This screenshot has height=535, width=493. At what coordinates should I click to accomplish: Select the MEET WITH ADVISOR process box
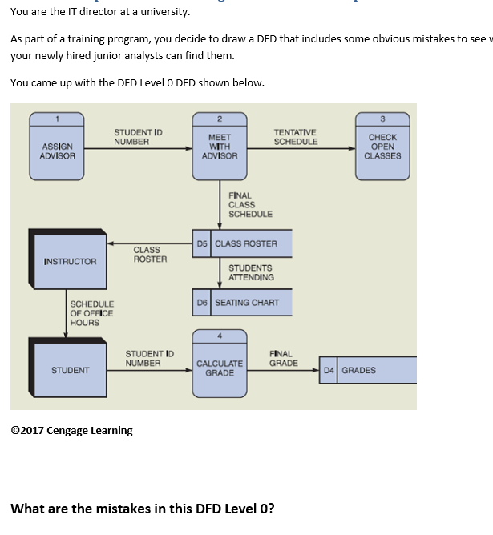tap(220, 147)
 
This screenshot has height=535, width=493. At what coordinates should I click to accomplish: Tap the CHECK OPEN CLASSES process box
tap(382, 147)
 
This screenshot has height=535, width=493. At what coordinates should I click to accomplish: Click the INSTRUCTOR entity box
tap(70, 261)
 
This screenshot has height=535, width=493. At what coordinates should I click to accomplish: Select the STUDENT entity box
tap(70, 370)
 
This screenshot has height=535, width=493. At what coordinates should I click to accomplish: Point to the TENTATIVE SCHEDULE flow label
tap(295, 137)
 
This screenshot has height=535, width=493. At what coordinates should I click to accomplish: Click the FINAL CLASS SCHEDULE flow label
tap(250, 205)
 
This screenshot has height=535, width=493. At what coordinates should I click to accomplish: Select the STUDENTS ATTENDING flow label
tap(251, 272)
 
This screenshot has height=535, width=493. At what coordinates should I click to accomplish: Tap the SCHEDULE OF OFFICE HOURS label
tap(91, 313)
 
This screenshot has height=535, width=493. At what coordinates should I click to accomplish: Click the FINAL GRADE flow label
tap(284, 358)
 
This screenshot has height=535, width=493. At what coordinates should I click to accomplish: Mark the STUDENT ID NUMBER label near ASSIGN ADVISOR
tap(138, 137)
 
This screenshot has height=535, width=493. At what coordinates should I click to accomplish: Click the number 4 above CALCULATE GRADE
tap(220, 336)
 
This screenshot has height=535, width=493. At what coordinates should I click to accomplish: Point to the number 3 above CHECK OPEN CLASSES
tap(382, 119)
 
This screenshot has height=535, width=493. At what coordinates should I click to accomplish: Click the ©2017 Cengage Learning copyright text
tap(71, 431)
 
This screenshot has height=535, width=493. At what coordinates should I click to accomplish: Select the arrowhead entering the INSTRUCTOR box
tap(111, 243)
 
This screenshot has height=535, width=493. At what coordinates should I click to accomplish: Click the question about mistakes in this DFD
tap(143, 509)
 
